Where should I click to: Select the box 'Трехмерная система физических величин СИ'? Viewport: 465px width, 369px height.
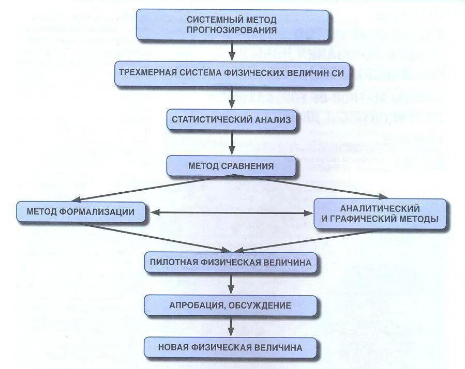[x=231, y=72]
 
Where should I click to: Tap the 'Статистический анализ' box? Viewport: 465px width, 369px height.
[x=231, y=120]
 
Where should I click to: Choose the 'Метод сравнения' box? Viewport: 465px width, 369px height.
[x=231, y=166]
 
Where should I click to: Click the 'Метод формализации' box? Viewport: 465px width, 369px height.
[x=82, y=211]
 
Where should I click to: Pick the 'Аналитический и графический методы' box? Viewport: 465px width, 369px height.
[x=380, y=213]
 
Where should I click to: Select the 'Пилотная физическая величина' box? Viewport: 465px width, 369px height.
[x=231, y=262]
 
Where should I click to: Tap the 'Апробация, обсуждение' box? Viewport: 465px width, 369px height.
[x=231, y=305]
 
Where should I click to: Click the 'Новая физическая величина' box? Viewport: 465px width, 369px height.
[x=231, y=347]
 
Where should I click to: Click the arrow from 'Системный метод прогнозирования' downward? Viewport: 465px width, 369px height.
[x=232, y=50]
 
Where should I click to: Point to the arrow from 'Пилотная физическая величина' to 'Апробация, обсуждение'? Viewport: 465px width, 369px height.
[x=232, y=283]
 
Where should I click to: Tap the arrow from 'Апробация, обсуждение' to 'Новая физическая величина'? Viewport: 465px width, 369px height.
[x=232, y=326]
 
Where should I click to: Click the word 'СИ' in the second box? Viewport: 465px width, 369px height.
[x=337, y=72]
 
